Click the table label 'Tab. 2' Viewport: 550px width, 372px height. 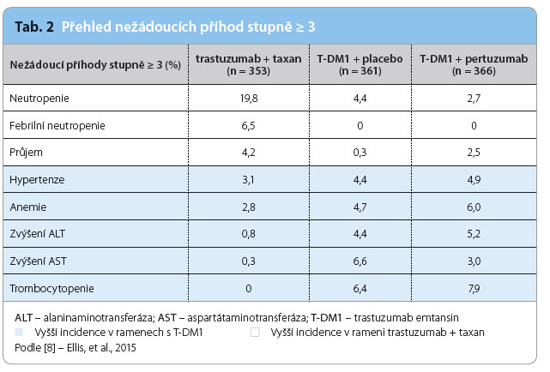click(34, 27)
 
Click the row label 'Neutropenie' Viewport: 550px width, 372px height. click(39, 99)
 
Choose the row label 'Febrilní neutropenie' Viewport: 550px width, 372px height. click(57, 125)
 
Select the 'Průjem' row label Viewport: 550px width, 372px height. click(26, 153)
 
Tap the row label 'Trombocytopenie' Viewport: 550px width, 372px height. click(52, 289)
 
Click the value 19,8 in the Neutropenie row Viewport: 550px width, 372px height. click(249, 99)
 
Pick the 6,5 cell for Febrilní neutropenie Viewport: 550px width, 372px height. click(248, 126)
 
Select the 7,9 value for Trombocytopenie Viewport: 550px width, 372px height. click(474, 289)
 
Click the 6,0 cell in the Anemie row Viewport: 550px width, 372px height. click(474, 207)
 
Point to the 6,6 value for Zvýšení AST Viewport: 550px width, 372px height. click(360, 261)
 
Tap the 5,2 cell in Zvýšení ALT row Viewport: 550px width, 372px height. click(474, 234)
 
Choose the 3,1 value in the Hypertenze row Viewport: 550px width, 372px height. click(248, 180)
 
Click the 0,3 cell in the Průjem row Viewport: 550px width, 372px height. click(360, 153)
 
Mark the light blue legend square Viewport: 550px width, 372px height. click(19, 332)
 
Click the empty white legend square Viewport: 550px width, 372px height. click(255, 332)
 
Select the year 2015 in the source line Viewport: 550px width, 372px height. click(125, 348)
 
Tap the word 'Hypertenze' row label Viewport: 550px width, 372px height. click(37, 180)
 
